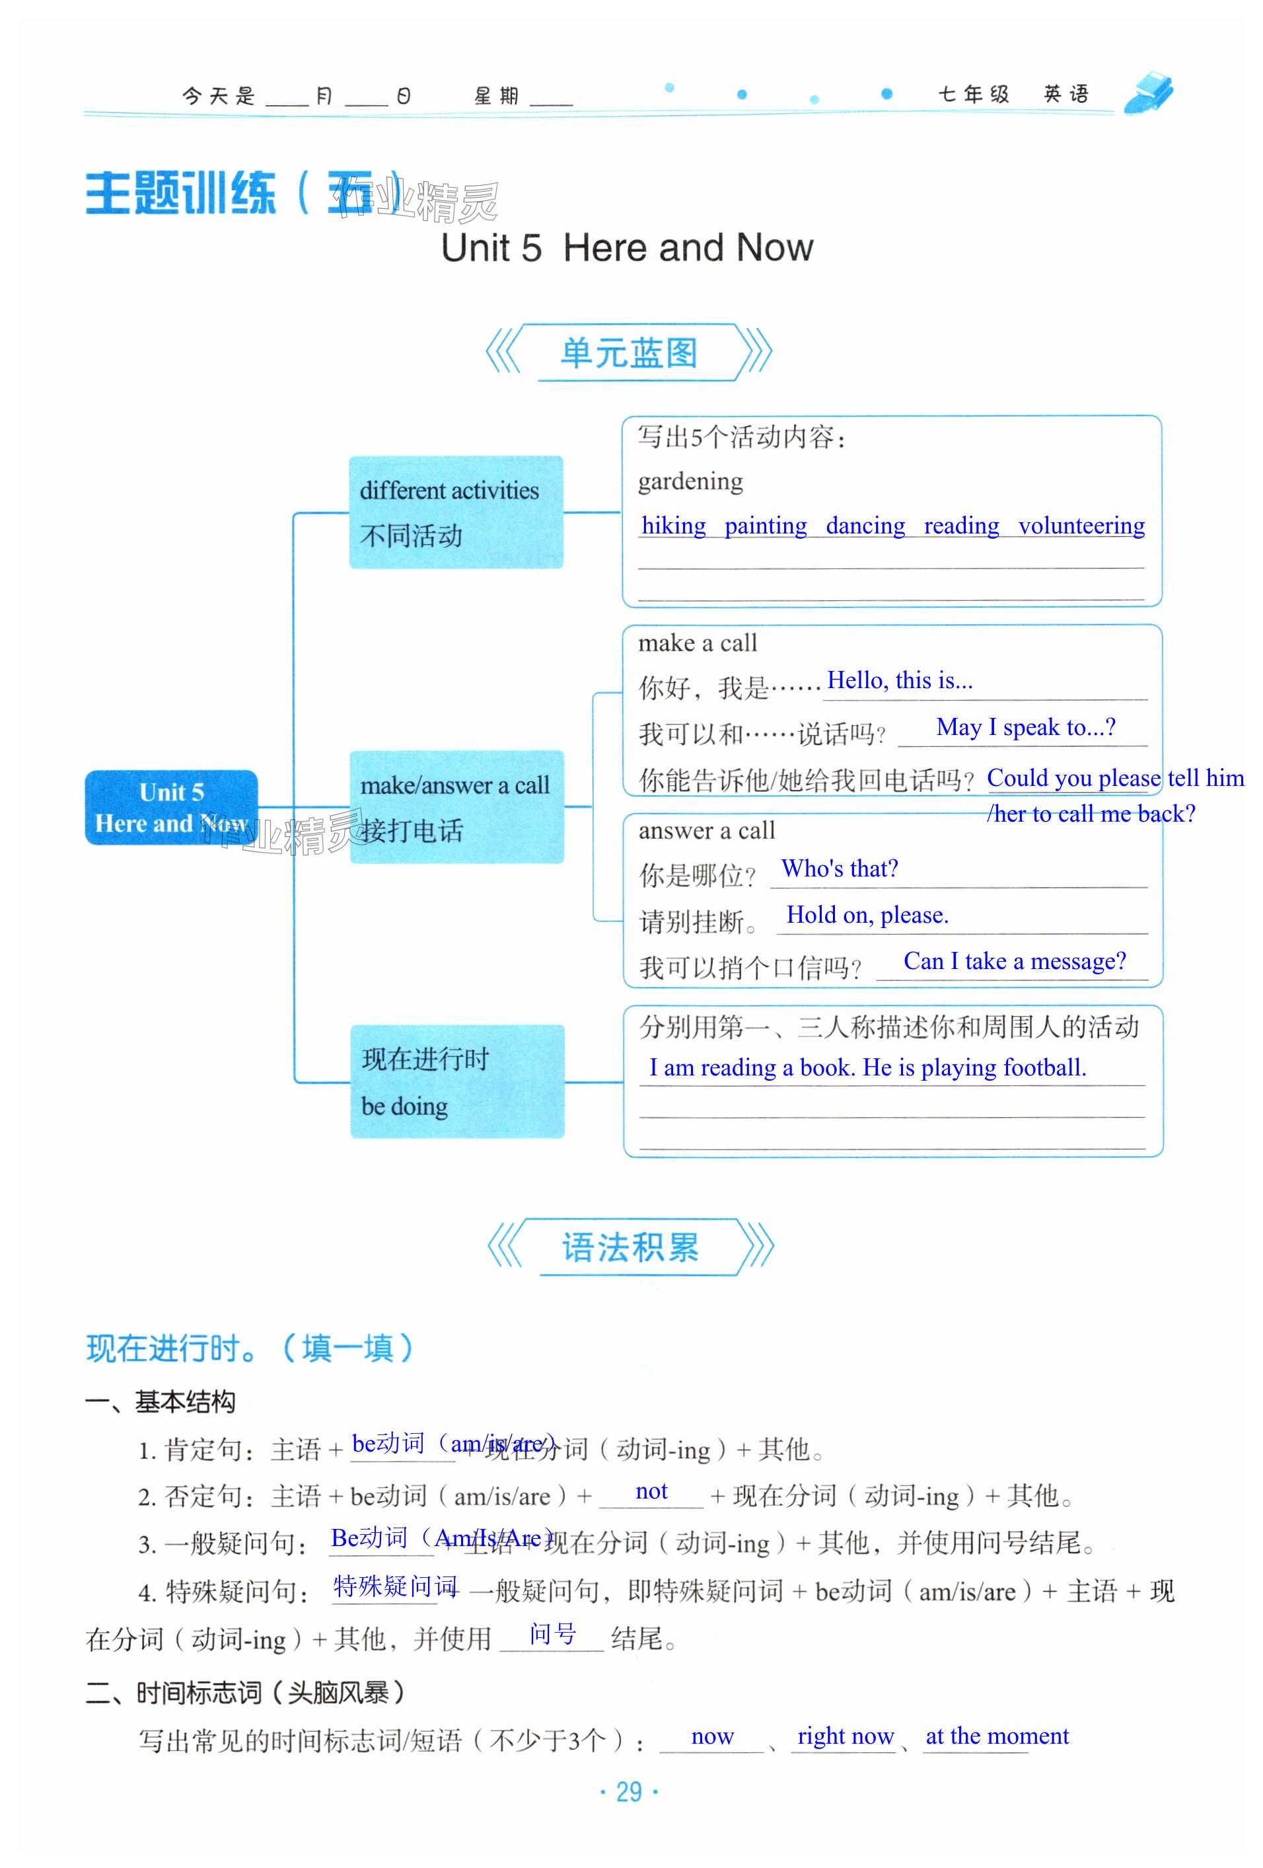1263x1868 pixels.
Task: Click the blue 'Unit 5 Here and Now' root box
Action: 171,807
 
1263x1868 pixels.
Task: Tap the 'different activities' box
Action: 456,512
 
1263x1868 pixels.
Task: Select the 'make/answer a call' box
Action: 456,806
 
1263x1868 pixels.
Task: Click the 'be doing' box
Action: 456,1081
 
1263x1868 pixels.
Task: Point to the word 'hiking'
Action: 673,525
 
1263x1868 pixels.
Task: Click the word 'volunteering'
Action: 1081,525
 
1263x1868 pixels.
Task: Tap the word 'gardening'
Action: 690,481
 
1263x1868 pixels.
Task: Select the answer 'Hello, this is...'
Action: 900,681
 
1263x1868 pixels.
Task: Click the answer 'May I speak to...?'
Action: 1025,727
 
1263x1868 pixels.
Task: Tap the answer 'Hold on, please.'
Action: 867,915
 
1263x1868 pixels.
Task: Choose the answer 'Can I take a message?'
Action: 1014,961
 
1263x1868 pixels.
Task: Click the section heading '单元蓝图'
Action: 628,353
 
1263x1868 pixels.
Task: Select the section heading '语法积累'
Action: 630,1247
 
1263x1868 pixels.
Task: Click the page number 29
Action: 628,1791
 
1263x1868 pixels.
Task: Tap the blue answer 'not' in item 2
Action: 651,1492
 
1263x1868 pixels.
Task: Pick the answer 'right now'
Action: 846,1736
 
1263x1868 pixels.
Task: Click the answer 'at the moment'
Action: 997,1736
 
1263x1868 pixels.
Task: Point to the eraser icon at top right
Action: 1149,93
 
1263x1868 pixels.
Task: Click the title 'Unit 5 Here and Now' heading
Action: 627,248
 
